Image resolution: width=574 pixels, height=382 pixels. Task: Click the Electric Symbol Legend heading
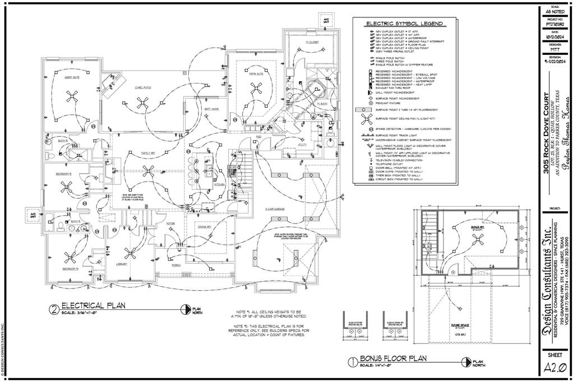pos(404,24)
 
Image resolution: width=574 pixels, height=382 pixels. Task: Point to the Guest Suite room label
pos(71,77)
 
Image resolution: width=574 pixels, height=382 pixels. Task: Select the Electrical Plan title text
pos(93,306)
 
